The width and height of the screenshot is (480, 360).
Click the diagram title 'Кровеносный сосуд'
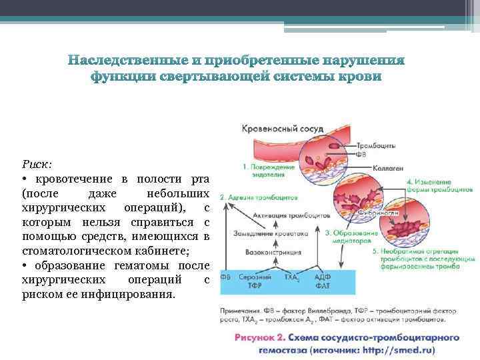[x=273, y=127]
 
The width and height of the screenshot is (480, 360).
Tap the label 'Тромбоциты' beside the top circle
[x=377, y=145]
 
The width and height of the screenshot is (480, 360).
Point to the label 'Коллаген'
[x=389, y=169]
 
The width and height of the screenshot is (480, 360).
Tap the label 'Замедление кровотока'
[x=271, y=234]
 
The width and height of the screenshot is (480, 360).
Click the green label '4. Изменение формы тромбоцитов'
[x=433, y=186]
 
